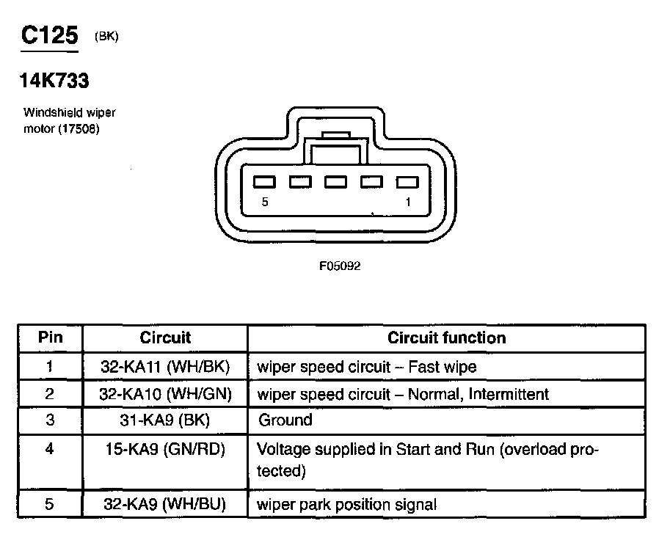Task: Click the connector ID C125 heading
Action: (49, 34)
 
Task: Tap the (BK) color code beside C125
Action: (106, 37)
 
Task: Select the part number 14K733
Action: (54, 81)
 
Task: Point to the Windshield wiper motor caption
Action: (69, 120)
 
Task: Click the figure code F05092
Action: (340, 266)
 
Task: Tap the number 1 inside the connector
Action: (408, 202)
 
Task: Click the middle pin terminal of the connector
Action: (335, 182)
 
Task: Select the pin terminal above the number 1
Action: (407, 182)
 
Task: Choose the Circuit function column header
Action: (446, 337)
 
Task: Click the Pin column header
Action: (50, 337)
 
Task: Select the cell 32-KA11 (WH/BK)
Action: (165, 366)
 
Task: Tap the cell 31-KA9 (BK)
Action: (165, 420)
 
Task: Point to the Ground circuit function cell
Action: (285, 420)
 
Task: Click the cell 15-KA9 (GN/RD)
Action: (165, 448)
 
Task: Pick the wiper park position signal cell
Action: (347, 505)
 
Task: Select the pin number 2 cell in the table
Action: (50, 394)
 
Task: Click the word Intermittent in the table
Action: (509, 394)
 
